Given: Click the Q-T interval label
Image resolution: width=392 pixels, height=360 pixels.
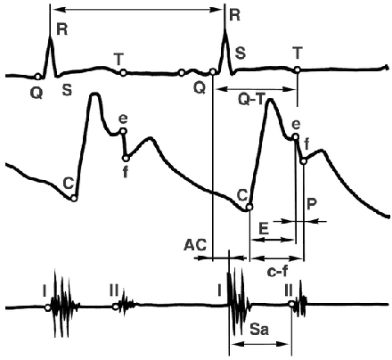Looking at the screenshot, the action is [251, 100].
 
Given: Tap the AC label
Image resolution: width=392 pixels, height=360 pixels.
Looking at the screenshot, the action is [195, 245].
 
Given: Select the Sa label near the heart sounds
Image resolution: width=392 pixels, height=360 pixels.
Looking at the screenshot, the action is [259, 329].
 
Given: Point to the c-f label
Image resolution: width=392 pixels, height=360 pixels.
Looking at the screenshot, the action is [277, 272].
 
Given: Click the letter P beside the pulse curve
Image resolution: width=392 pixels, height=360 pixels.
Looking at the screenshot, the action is [312, 204].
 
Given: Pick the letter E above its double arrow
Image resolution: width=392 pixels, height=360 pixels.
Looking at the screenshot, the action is [264, 229].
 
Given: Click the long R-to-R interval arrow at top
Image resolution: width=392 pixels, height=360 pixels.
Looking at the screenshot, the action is [137, 10].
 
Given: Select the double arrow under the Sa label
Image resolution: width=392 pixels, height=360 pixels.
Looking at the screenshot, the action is [260, 344].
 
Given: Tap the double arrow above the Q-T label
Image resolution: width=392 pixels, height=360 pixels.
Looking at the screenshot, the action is [256, 89].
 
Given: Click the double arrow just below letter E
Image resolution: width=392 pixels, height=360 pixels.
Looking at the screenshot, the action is [273, 240].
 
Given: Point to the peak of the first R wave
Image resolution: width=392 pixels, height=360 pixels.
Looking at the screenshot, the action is [51, 37].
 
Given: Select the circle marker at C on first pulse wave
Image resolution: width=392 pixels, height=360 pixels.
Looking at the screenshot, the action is [74, 199].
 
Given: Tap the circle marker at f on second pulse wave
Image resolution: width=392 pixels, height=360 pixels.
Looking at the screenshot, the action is [303, 161].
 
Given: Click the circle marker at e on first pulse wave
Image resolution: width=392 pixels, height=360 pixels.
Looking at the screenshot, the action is [123, 131].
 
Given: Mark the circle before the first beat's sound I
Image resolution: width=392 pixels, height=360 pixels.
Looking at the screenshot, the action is [48, 308].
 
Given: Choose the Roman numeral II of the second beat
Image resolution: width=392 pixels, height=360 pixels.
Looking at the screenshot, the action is [289, 290].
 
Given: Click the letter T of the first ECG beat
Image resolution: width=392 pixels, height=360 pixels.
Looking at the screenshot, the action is [118, 60].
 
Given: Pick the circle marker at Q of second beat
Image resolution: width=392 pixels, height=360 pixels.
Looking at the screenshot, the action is [213, 72].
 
